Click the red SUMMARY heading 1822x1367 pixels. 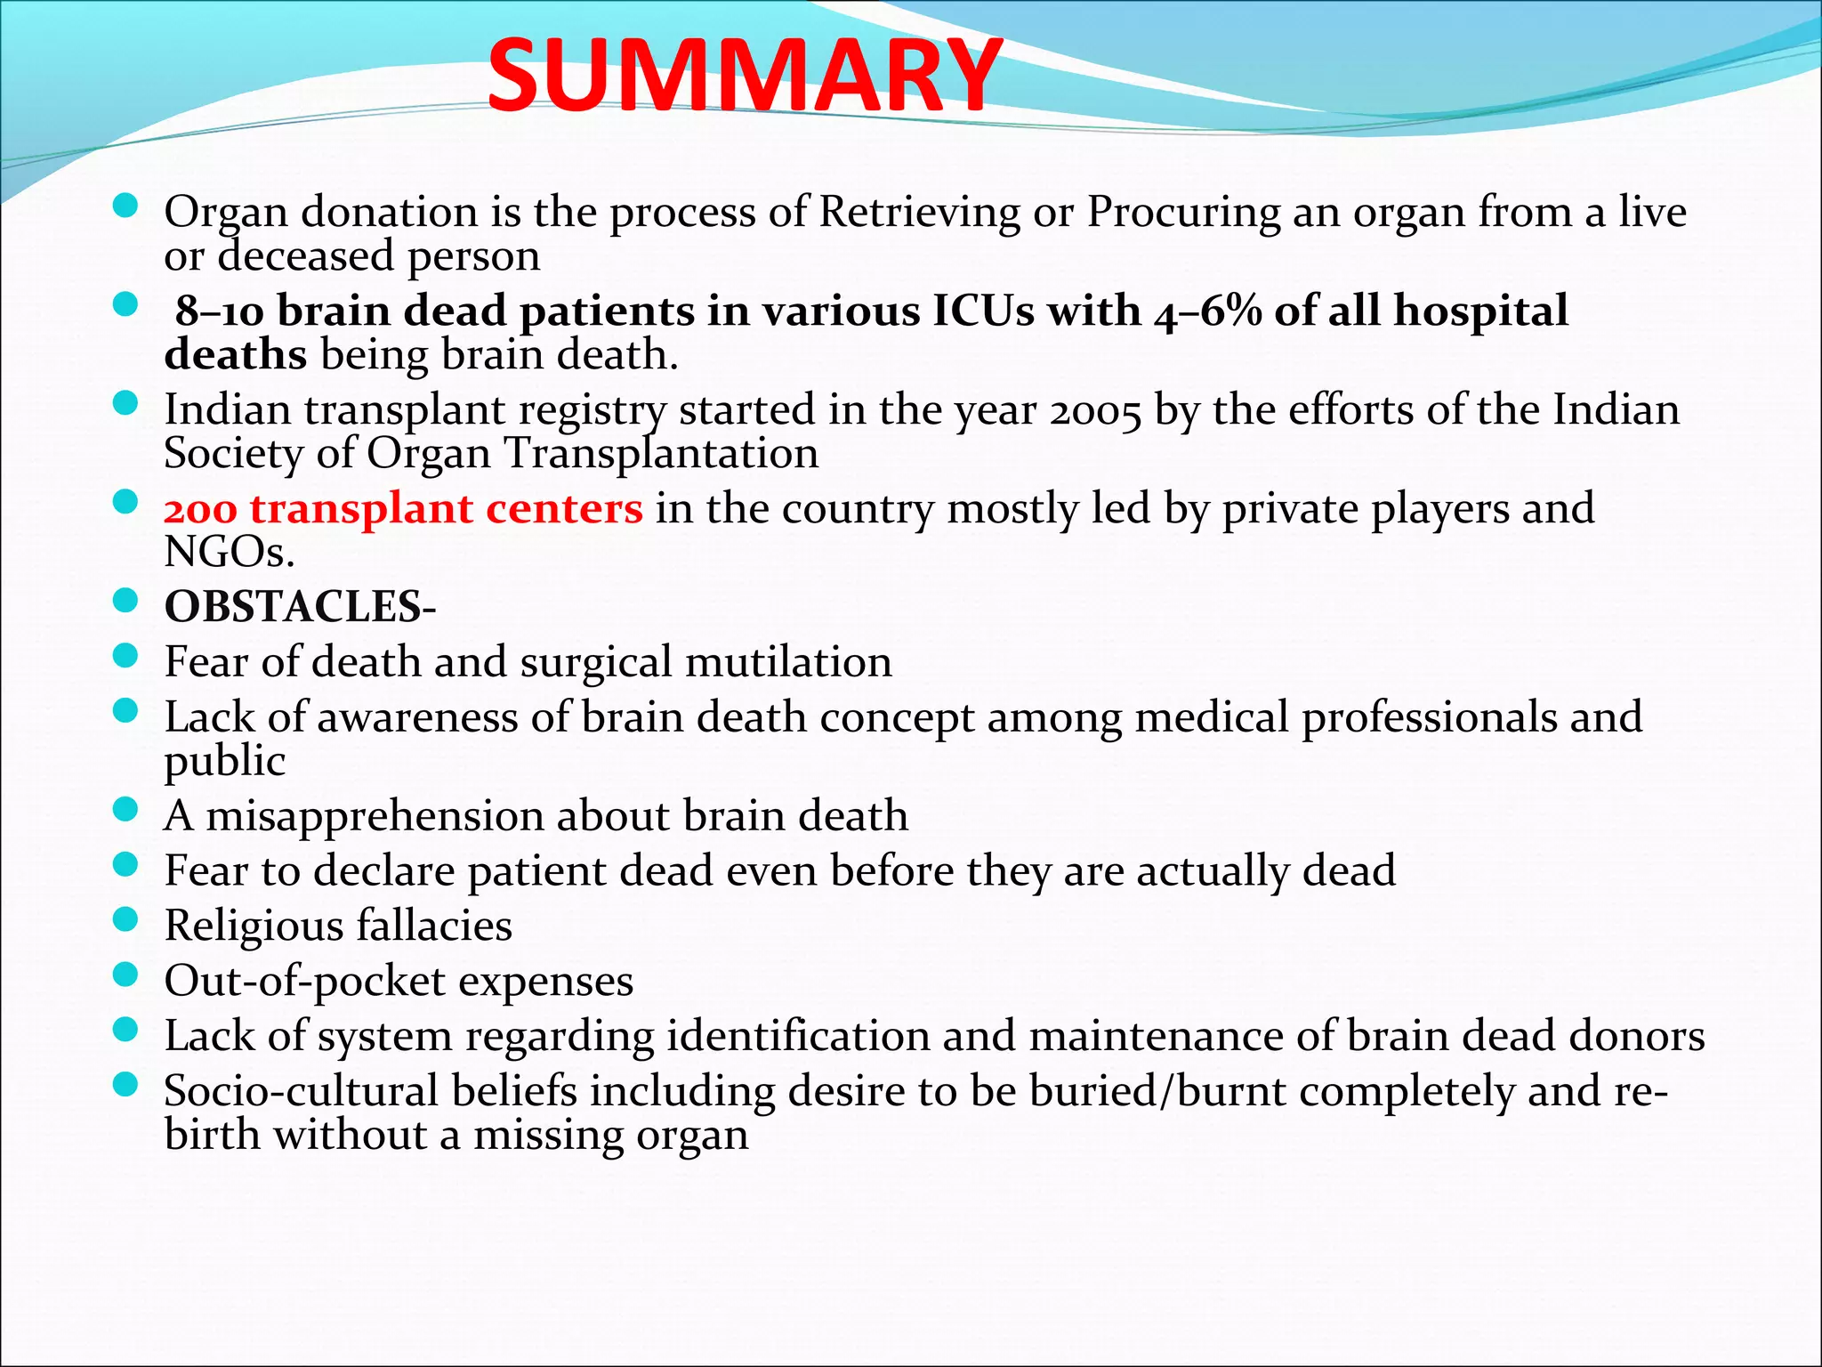point(744,77)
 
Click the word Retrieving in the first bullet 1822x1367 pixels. point(919,212)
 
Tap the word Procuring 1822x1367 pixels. point(1182,212)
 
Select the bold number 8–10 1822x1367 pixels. point(219,311)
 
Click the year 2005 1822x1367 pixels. point(1094,411)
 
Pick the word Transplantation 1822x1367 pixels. point(662,454)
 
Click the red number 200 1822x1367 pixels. point(200,510)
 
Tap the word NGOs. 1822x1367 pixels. point(229,553)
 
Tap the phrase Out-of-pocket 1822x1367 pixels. point(304,981)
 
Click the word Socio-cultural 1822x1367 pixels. point(301,1091)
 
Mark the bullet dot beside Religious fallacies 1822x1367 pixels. point(126,918)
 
